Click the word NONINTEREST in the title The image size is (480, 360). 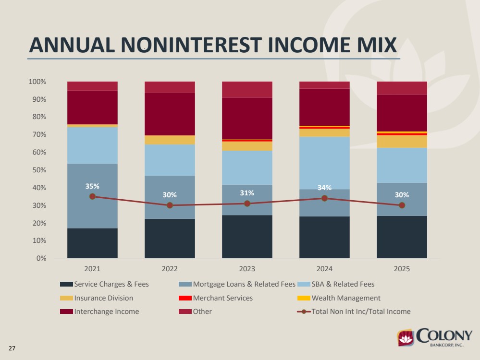point(191,45)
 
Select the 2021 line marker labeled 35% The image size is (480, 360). point(92,196)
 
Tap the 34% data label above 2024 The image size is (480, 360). point(324,188)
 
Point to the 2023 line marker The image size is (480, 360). point(247,204)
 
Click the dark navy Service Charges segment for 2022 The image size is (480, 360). point(170,238)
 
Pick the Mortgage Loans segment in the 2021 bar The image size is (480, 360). point(92,196)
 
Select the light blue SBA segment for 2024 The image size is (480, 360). point(324,163)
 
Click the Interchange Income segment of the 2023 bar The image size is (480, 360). point(247,119)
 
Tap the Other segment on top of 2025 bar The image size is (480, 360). point(402,88)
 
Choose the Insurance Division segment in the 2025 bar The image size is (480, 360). point(402,141)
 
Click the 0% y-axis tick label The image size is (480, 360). point(41,258)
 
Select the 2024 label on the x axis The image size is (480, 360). point(324,269)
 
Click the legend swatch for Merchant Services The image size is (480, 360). point(185,298)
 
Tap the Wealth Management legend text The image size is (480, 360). point(346,298)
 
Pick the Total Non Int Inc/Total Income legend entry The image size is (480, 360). point(354,312)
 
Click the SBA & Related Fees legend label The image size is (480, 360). point(343,284)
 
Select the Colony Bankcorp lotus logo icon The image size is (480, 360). point(406,338)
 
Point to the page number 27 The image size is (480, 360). point(12,348)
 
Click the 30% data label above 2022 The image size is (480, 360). point(170,195)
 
